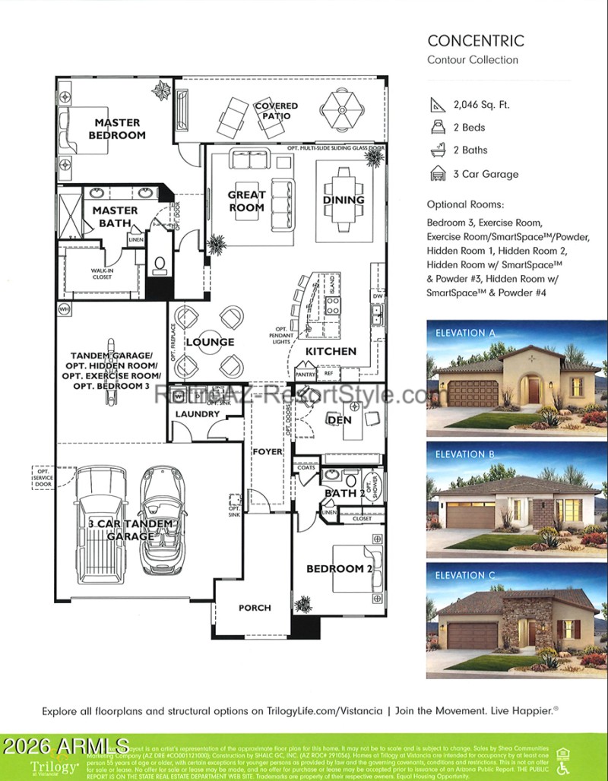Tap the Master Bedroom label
coord(117,128)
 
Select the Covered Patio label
coord(276,111)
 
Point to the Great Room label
coord(246,201)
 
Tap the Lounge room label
coord(210,342)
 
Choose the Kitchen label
coord(331,351)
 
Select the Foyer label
coord(268,451)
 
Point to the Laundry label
coord(197,414)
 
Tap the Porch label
coord(255,608)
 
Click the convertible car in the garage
coord(163,520)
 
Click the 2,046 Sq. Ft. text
coord(480,105)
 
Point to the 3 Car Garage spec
coord(486,174)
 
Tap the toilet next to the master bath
coord(160,264)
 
